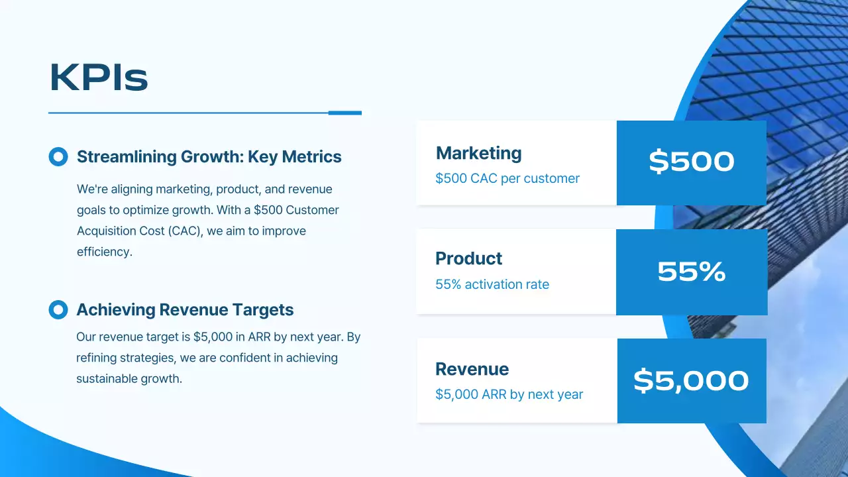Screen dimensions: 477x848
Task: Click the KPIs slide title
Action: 99,78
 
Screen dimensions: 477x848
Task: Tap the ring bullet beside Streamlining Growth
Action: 58,156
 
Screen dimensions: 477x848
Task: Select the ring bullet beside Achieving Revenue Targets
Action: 58,309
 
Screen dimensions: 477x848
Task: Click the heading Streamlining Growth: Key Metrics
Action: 209,157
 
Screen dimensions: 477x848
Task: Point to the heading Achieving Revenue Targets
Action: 185,310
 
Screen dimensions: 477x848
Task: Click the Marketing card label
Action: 478,153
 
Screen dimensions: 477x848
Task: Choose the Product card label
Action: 468,258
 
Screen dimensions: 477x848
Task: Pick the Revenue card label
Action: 472,369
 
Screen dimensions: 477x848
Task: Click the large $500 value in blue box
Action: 691,162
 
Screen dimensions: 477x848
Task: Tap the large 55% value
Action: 691,272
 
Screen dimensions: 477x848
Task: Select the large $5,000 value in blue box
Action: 691,380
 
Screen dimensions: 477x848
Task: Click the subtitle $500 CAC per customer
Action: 507,178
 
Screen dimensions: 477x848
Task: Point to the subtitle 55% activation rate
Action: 492,284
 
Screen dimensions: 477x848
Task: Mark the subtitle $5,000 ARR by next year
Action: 509,394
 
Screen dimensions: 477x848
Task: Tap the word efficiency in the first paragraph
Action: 104,252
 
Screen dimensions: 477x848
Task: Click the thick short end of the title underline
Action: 345,113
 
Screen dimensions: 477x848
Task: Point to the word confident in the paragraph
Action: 257,358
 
